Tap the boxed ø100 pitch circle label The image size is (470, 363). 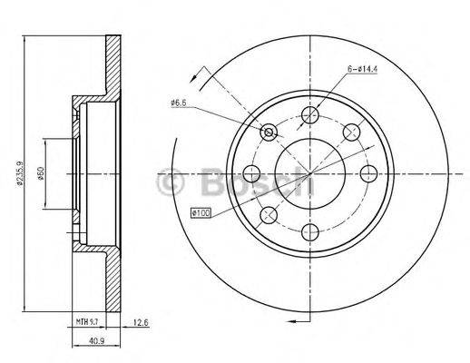[201, 212]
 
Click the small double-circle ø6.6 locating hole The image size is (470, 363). [269, 133]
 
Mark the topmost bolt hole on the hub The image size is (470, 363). [310, 114]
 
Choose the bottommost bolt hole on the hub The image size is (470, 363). [310, 231]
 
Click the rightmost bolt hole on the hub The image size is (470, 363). [368, 172]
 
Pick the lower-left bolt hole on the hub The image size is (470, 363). [269, 214]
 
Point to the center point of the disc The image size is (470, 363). [310, 172]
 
